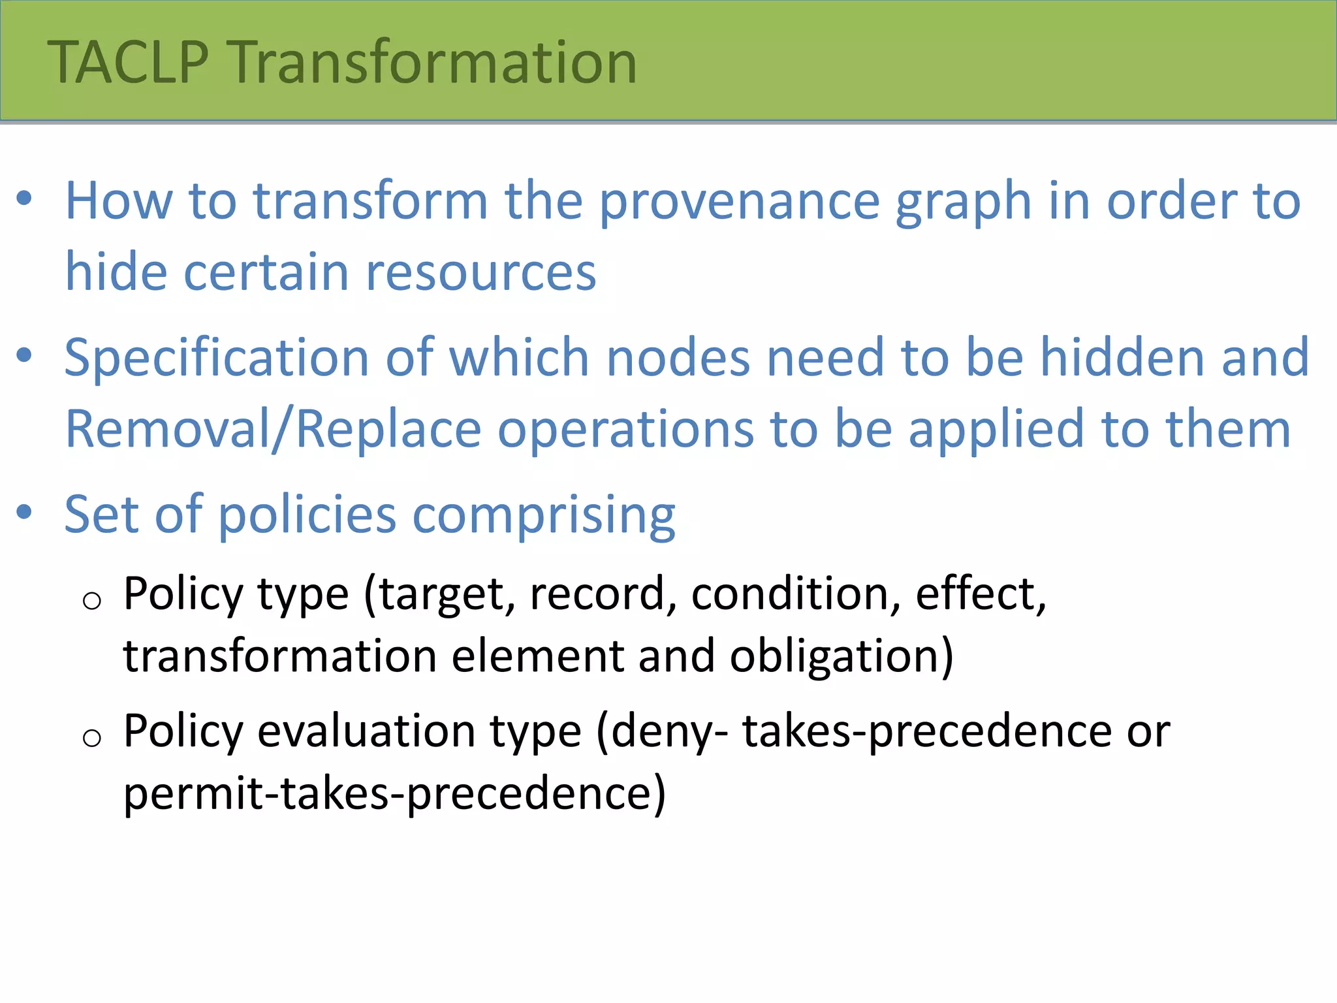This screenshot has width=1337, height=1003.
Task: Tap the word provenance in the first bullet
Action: (739, 202)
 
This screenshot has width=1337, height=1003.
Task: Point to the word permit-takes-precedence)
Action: (394, 794)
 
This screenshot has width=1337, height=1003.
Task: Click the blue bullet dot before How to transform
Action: (24, 198)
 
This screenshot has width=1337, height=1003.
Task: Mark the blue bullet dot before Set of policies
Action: (24, 512)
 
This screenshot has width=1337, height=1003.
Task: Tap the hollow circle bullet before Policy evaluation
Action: (92, 738)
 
